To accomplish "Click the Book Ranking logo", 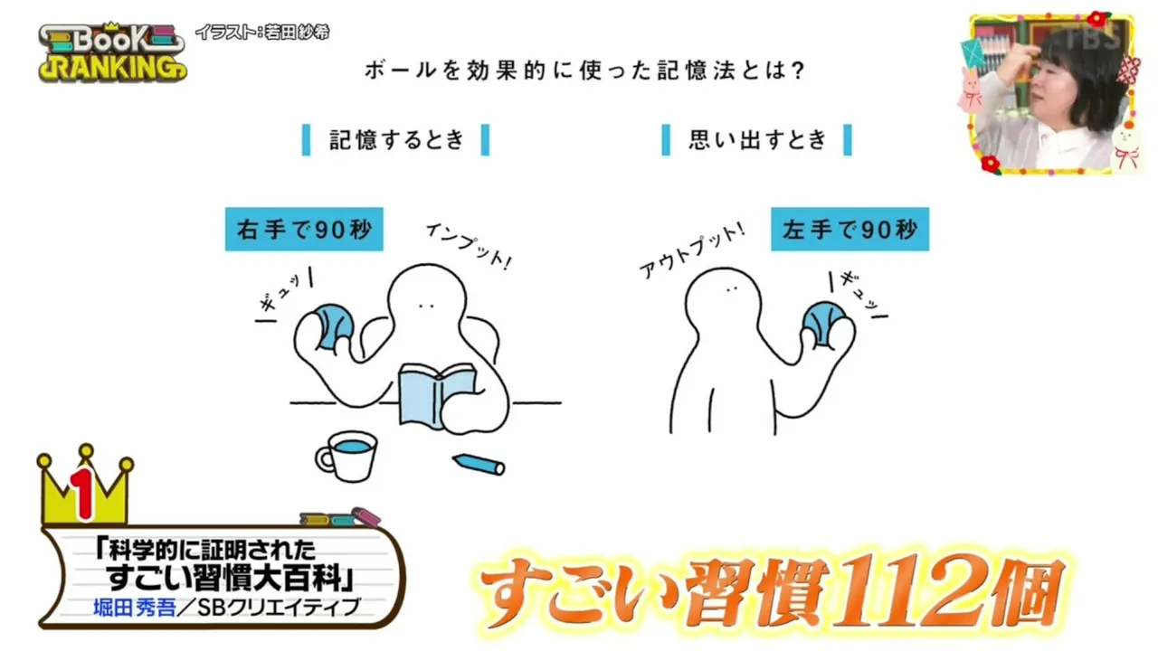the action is [113, 52].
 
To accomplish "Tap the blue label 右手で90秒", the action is [304, 230].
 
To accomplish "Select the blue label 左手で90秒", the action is [850, 230].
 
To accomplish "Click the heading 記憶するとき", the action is [396, 140].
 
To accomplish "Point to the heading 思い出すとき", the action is [757, 140].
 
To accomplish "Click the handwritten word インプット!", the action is [470, 246].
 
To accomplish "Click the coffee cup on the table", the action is [346, 457].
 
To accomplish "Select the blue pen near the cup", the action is [479, 464].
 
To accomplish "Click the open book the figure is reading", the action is [437, 395].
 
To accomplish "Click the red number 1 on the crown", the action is [84, 495].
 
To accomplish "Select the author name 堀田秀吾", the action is [135, 608].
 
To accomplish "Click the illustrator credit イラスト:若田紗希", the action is [262, 33].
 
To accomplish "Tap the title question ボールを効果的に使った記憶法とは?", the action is [584, 71].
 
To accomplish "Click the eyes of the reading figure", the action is [426, 307].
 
